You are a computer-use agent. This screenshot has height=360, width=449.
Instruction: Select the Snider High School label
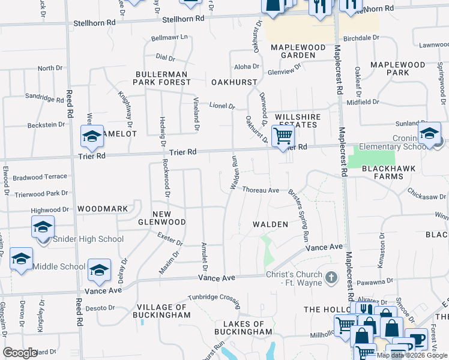tap(88, 239)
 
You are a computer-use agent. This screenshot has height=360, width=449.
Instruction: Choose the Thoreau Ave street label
tap(261, 190)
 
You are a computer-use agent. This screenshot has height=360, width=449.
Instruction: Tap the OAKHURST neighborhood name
tap(234, 82)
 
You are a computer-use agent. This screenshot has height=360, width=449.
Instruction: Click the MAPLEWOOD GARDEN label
tap(293, 51)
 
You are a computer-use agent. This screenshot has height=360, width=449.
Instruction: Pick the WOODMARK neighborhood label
tap(102, 209)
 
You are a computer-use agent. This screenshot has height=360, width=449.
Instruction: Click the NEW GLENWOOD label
tap(169, 218)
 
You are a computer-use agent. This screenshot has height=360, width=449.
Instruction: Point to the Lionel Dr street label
tap(221, 106)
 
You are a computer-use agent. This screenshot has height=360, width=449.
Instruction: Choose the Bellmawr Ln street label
tap(170, 38)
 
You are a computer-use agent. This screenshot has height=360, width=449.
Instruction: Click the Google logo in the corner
tap(20, 353)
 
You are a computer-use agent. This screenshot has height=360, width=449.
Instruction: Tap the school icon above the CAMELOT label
tap(92, 136)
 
